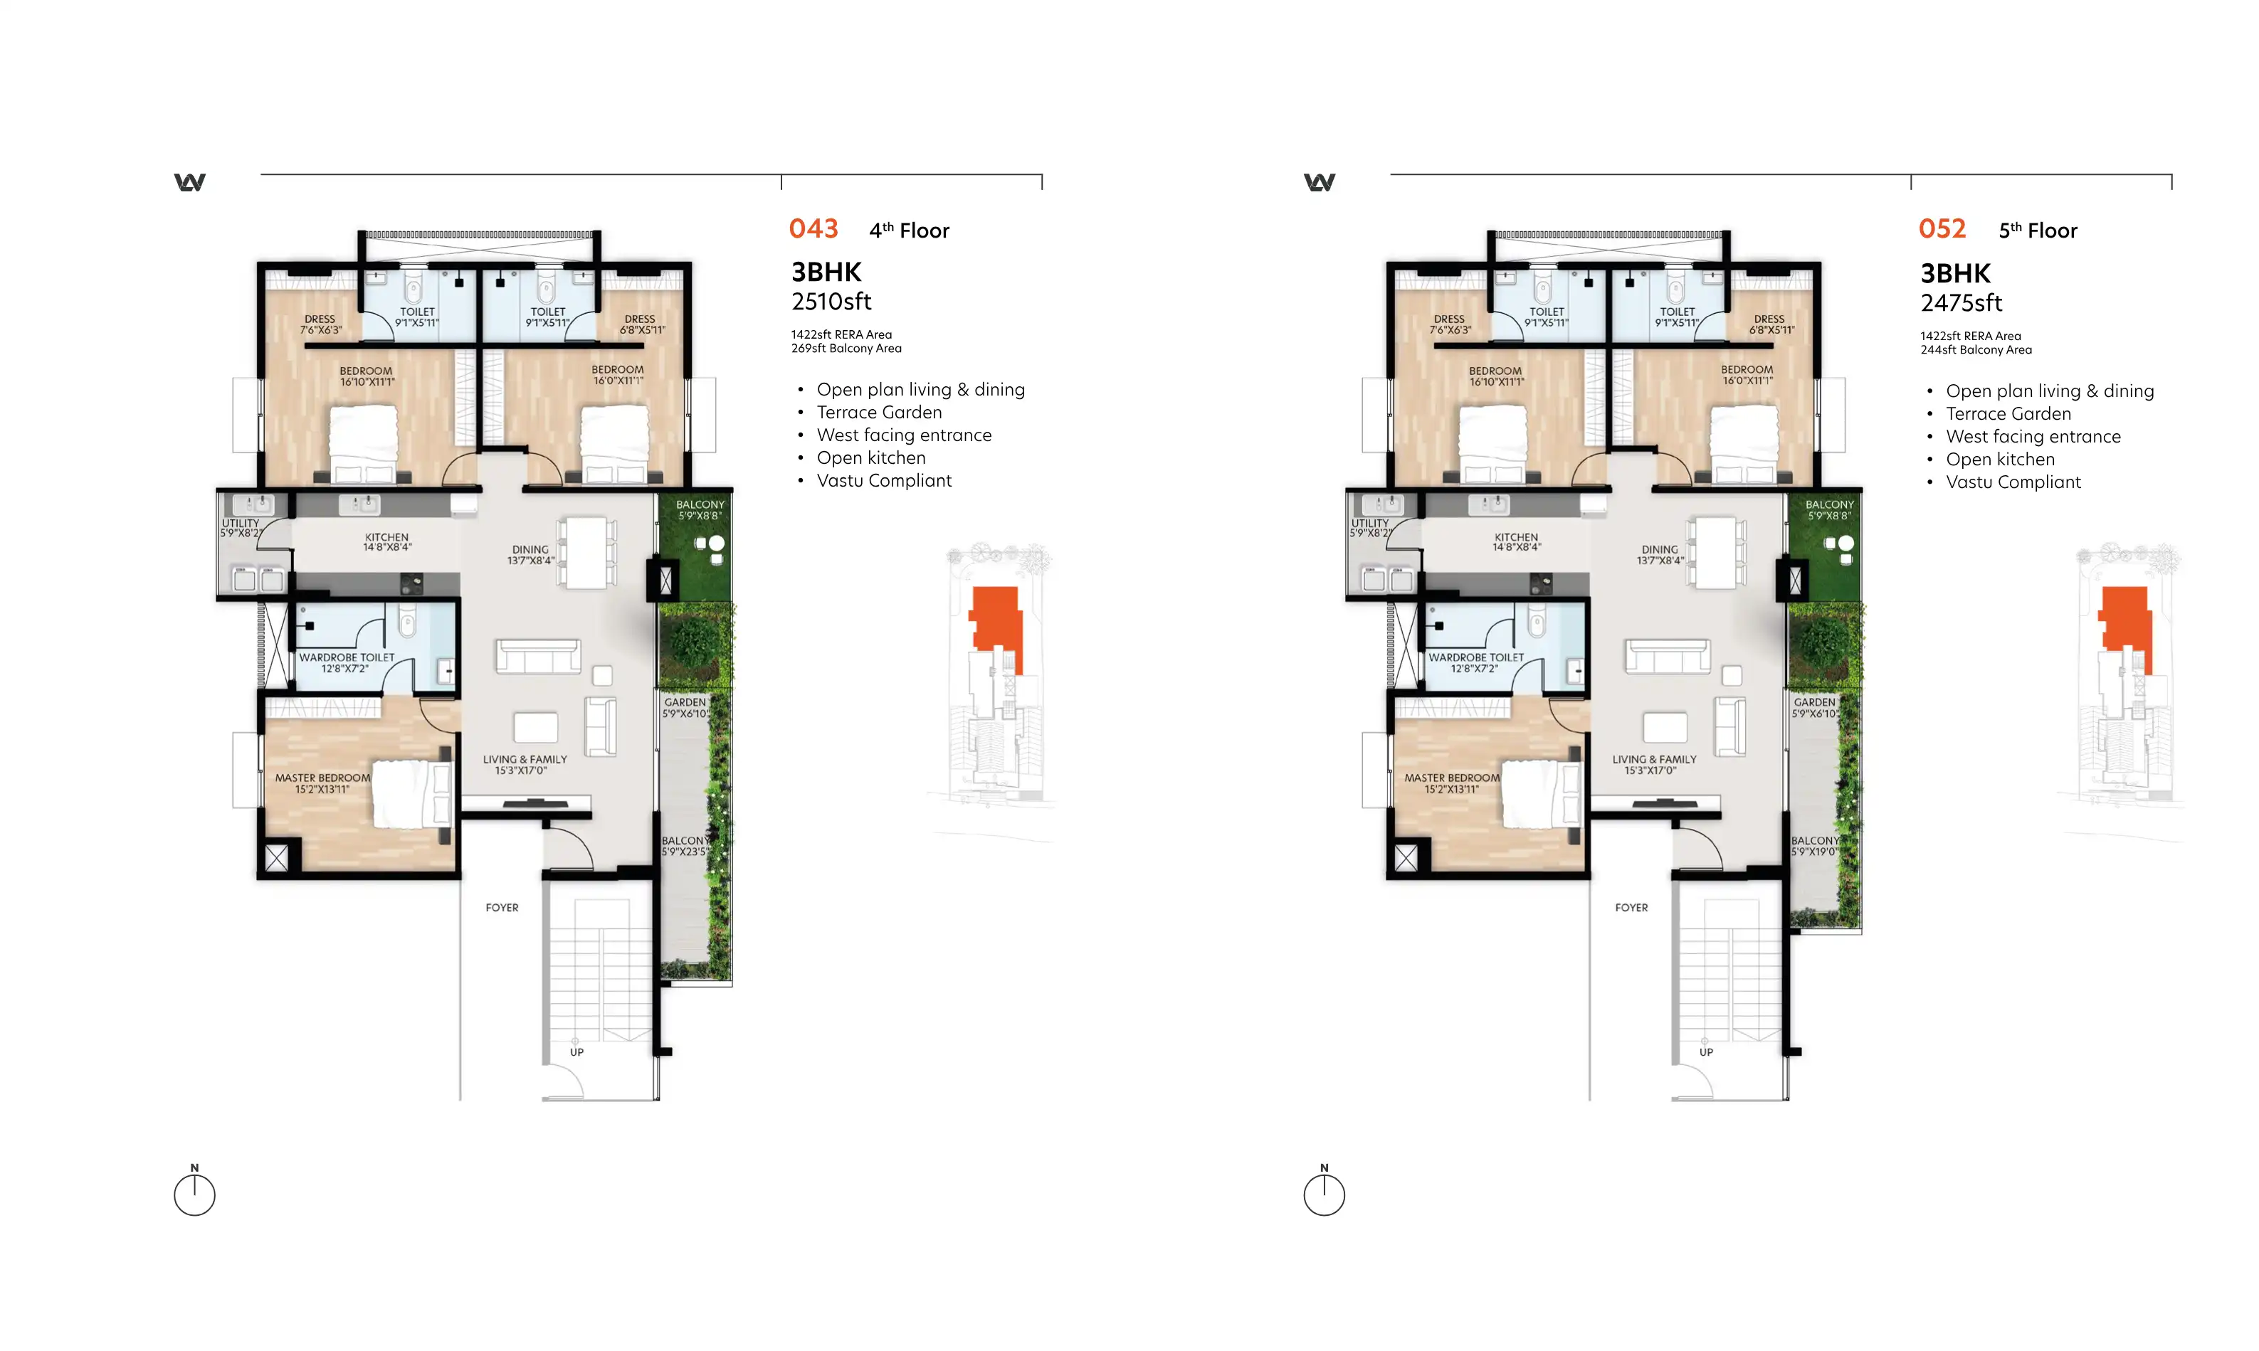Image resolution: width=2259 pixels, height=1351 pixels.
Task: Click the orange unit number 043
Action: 813,228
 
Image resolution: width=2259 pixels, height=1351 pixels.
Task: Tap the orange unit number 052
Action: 1942,228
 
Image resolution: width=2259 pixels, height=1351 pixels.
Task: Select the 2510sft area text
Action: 831,302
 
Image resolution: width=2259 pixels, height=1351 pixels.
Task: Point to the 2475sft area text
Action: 1962,303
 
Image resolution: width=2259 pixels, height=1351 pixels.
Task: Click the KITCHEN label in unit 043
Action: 387,537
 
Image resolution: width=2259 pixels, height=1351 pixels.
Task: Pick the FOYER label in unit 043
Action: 502,908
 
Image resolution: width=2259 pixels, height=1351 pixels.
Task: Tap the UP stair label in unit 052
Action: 1705,1052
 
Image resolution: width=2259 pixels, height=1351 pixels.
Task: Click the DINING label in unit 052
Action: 1659,550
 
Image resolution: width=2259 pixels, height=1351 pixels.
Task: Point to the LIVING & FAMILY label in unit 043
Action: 525,759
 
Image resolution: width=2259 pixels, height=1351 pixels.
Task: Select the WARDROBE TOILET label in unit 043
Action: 347,657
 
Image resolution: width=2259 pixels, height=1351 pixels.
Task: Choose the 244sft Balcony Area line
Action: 1976,351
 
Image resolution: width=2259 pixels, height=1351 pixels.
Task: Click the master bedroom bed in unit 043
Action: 413,794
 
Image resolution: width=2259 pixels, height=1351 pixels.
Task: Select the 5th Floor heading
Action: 2038,231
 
